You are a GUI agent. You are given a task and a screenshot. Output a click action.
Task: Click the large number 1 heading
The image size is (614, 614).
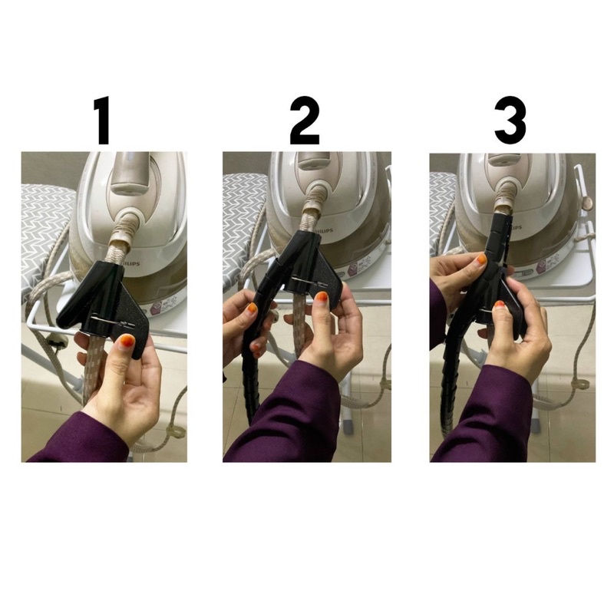[x=104, y=121]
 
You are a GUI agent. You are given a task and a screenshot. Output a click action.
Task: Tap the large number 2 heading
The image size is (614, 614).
[x=305, y=121]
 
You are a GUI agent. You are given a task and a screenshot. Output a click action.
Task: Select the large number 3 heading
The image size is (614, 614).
[x=510, y=121]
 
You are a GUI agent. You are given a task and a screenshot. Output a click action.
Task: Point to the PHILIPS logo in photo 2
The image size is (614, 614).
[x=323, y=230]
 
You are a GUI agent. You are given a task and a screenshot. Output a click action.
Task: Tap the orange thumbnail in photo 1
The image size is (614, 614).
[x=126, y=341]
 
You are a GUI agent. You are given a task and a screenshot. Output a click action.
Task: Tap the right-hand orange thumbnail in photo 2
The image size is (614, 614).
[x=321, y=298]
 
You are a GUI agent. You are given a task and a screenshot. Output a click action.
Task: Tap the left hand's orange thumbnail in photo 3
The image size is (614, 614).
[x=481, y=259]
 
